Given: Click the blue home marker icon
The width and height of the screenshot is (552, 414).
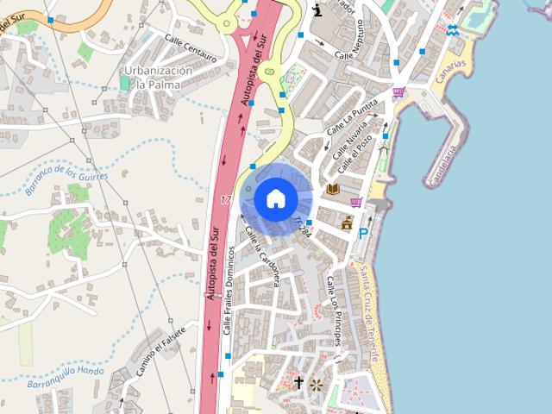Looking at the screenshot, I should tap(275, 199).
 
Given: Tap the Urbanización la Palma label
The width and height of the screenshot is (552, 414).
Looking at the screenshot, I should tap(157, 78).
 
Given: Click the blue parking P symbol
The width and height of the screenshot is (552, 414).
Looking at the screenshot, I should tap(363, 233).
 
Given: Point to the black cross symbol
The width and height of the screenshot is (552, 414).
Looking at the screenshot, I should tap(298, 381).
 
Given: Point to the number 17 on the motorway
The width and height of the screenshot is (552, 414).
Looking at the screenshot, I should tap(226, 200).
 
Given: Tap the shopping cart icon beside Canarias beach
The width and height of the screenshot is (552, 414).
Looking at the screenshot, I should tap(398, 92).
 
